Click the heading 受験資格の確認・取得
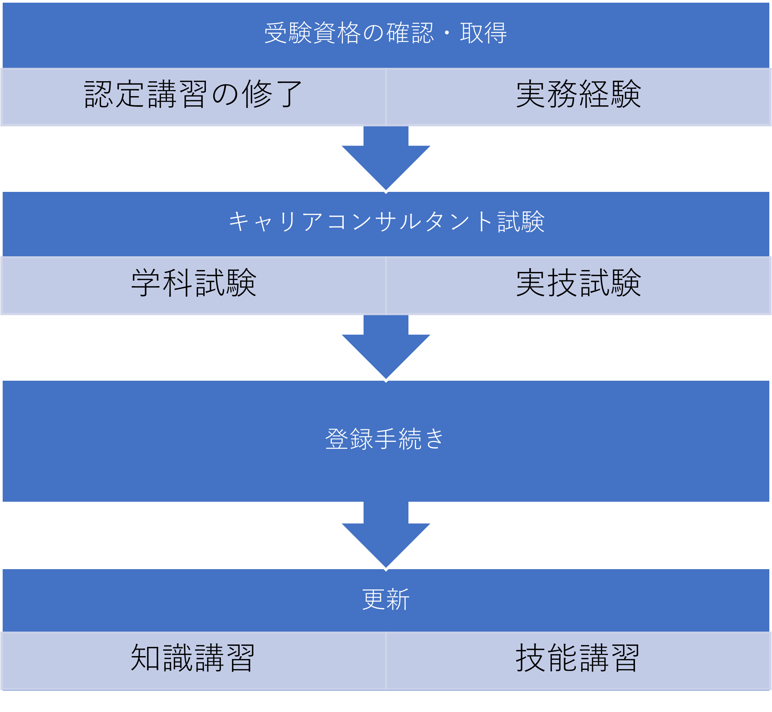pyautogui.click(x=385, y=33)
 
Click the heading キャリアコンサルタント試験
pyautogui.click(x=386, y=222)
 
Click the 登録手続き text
pyautogui.click(x=385, y=439)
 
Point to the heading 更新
pyautogui.click(x=385, y=600)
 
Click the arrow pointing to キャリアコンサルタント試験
pyautogui.click(x=386, y=160)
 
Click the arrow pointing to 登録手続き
pyautogui.click(x=386, y=349)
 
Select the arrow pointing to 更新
pyautogui.click(x=386, y=537)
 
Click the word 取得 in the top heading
pyautogui.click(x=483, y=33)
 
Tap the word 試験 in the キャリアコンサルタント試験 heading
pyautogui.click(x=521, y=222)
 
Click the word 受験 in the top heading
pyautogui.click(x=288, y=33)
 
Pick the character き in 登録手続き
pyautogui.click(x=435, y=439)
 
